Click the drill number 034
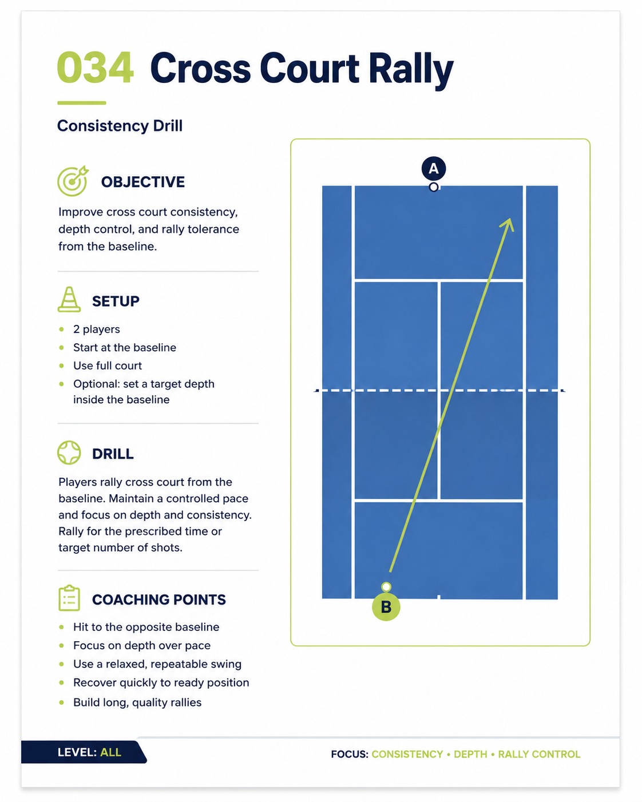click(x=95, y=68)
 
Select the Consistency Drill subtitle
click(x=120, y=126)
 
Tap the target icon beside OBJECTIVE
click(x=73, y=181)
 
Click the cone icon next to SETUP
click(x=69, y=299)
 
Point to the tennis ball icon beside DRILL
click(x=69, y=453)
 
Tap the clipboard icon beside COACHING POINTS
click(x=69, y=598)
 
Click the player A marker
click(x=434, y=168)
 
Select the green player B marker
click(x=386, y=607)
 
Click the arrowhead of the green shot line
click(x=508, y=224)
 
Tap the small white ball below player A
click(x=434, y=187)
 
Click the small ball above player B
click(x=386, y=587)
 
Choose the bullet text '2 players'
click(x=97, y=329)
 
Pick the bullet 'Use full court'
click(x=108, y=366)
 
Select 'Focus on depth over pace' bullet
click(x=142, y=645)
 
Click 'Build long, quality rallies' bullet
click(x=137, y=702)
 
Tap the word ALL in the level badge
click(x=111, y=752)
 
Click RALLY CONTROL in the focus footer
click(x=539, y=755)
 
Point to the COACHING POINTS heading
click(x=159, y=599)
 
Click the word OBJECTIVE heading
click(x=143, y=182)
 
